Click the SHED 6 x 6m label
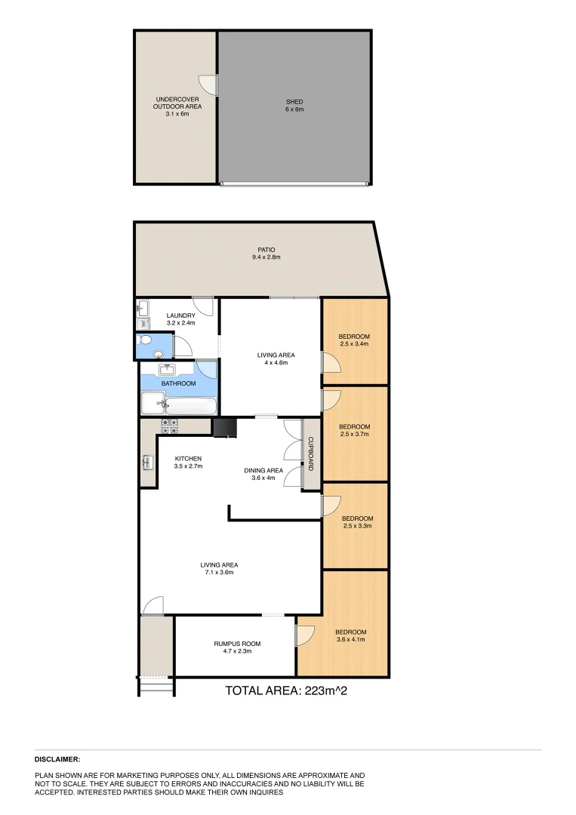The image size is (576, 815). [x=294, y=105]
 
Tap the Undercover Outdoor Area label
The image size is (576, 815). [x=177, y=106]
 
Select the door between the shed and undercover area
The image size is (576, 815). [x=209, y=85]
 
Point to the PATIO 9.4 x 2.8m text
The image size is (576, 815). [x=266, y=253]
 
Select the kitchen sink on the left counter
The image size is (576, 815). [x=147, y=463]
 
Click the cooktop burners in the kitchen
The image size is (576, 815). [x=169, y=426]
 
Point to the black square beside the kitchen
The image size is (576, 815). [x=224, y=428]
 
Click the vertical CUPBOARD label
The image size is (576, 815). [x=310, y=456]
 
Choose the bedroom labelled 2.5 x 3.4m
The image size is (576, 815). [x=354, y=340]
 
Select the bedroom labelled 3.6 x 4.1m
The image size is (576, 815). [x=350, y=635]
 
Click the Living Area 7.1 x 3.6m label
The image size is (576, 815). [x=218, y=567]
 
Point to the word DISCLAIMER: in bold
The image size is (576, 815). [x=57, y=759]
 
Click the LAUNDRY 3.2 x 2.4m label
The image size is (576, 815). [x=181, y=318]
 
